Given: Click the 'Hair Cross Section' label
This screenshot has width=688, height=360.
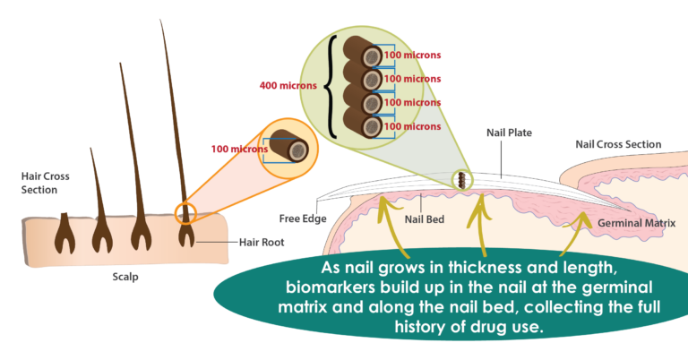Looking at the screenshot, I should (46, 183).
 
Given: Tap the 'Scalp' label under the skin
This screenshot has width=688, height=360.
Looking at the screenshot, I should (125, 277).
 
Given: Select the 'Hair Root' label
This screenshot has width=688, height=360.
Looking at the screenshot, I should (260, 241).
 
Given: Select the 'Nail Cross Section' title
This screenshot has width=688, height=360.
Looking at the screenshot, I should (618, 143).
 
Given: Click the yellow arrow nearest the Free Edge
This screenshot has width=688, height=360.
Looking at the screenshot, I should (386, 224).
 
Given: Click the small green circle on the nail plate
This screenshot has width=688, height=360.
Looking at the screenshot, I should (463, 180).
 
